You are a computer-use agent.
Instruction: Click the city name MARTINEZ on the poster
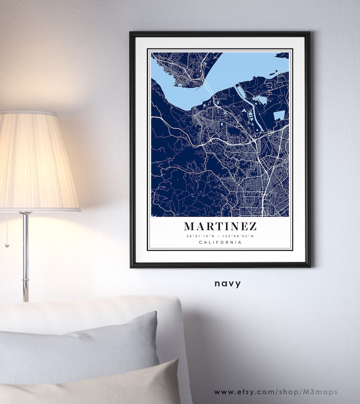(x=220, y=226)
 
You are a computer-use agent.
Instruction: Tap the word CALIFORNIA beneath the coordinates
(x=220, y=243)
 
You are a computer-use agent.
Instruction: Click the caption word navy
(x=228, y=284)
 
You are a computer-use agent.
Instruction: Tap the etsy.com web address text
(x=276, y=392)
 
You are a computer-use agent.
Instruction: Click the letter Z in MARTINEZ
(x=252, y=226)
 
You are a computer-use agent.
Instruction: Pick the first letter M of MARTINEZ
(x=190, y=226)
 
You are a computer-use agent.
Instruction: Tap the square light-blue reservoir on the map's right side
(x=279, y=115)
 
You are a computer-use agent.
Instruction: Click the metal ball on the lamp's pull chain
(x=7, y=245)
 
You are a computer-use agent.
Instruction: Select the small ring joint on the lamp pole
(x=26, y=282)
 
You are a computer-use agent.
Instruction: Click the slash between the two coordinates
(x=220, y=236)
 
